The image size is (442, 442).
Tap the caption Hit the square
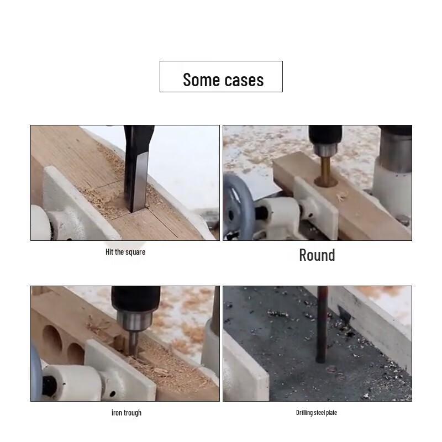click(x=125, y=252)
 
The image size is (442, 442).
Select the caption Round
click(x=317, y=255)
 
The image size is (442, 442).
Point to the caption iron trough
click(x=126, y=413)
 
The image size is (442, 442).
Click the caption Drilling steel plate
click(x=316, y=413)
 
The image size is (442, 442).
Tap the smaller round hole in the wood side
click(x=76, y=353)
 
